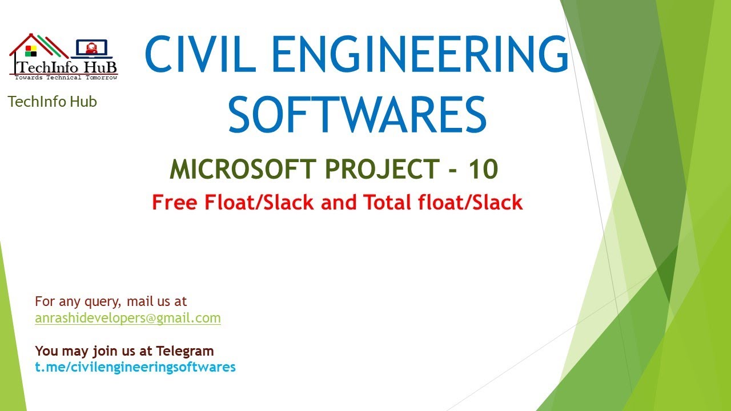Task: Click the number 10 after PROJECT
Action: pos(483,169)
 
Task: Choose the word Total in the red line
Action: pos(391,202)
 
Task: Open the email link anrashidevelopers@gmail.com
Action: pos(128,318)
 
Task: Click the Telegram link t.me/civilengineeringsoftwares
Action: pos(135,367)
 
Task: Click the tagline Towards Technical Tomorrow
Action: pos(66,77)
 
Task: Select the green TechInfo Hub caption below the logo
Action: pos(53,102)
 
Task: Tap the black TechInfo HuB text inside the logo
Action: pos(66,66)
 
